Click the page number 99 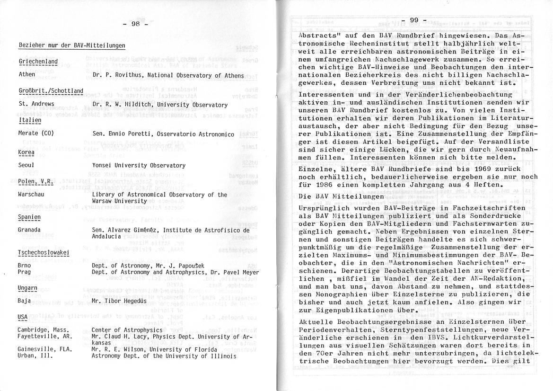(x=414, y=20)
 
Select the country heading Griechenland (x=38, y=62)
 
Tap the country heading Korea (x=26, y=153)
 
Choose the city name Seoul (x=26, y=166)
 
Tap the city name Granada (x=29, y=230)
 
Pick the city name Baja (x=24, y=301)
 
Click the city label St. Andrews (x=36, y=104)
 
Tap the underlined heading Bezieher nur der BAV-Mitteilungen (x=71, y=45)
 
